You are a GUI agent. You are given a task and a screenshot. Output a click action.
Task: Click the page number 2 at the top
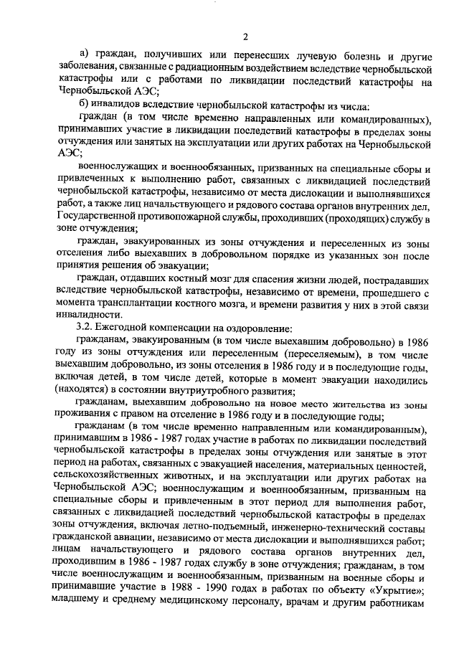click(244, 37)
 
